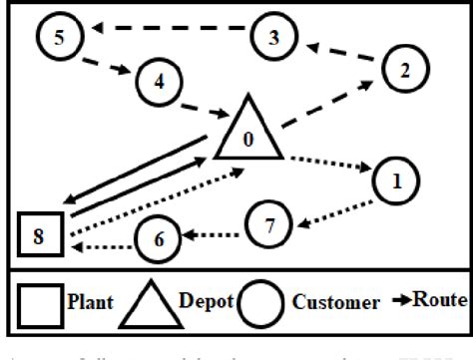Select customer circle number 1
[396, 181]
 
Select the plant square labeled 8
[41, 235]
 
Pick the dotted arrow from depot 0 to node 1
[328, 165]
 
